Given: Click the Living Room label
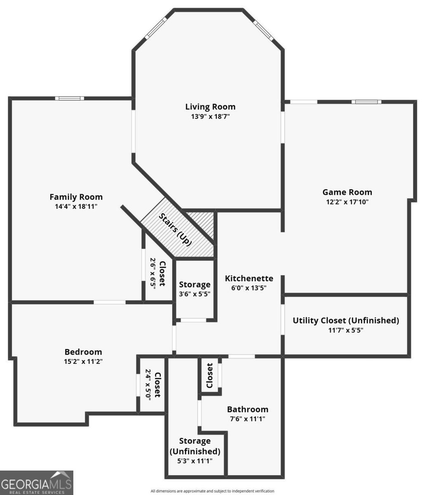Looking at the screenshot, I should point(210,107).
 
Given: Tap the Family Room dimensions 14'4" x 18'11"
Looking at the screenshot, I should point(76,206).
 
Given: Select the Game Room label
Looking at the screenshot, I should point(347,192).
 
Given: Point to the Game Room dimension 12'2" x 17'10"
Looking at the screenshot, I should point(347,202).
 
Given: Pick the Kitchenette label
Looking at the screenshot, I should point(249,278).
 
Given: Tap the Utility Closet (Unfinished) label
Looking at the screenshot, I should point(346,321).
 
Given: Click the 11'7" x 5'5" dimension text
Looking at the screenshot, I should point(346,330).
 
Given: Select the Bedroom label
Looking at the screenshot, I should point(83,352).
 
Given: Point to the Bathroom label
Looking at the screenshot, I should point(248,409).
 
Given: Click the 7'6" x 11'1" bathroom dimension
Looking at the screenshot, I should point(248,419).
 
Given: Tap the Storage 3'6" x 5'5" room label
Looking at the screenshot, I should point(195,285).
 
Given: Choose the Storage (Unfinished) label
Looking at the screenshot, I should point(195,446).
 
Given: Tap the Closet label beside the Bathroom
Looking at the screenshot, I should point(209,375).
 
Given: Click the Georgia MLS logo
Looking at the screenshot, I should point(36,483).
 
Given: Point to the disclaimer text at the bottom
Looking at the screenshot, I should point(212,491).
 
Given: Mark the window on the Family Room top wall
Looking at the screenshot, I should point(70,98).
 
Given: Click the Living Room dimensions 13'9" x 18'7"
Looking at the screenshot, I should point(210,117).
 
